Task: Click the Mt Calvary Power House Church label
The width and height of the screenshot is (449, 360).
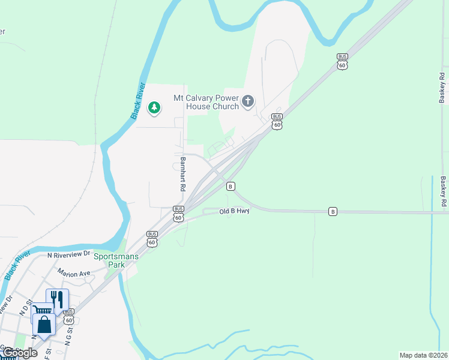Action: pos(206,102)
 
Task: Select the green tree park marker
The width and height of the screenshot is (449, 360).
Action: pos(154,108)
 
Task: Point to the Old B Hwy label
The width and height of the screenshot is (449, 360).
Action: pos(234,211)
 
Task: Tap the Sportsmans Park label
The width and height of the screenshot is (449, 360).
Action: pos(116,260)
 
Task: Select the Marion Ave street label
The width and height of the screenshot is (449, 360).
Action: pos(74,273)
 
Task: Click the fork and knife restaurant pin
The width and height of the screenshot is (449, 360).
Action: pos(57,299)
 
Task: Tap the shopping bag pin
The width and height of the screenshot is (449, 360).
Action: pos(44,325)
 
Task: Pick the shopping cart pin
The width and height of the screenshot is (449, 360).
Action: pos(42,312)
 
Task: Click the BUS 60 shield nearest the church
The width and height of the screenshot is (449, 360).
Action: pos(277,121)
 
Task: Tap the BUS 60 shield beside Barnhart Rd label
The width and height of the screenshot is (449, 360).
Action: pos(178,214)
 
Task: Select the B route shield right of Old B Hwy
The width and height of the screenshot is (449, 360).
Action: pos(333,211)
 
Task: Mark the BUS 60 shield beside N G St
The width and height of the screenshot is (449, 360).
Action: pos(69,316)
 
